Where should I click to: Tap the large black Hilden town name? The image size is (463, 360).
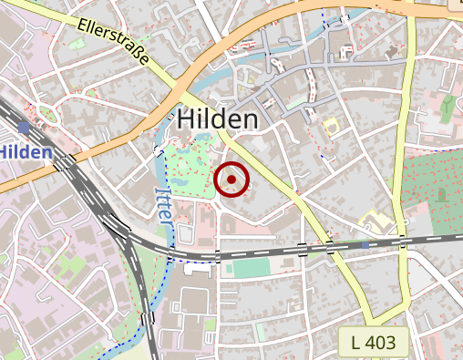click(x=218, y=119)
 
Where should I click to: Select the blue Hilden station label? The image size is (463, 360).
click(x=26, y=151)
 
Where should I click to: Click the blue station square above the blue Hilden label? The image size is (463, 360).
click(x=23, y=127)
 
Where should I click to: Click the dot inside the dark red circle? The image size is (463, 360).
click(x=232, y=180)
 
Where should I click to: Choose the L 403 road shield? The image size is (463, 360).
click(x=373, y=343)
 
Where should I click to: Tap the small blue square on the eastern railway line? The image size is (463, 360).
click(x=365, y=244)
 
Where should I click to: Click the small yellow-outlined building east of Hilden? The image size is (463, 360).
click(x=330, y=126)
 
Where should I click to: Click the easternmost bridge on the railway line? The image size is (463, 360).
click(x=402, y=241)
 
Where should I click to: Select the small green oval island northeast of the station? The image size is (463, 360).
click(x=49, y=116)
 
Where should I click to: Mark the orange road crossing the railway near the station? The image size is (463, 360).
click(x=67, y=163)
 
